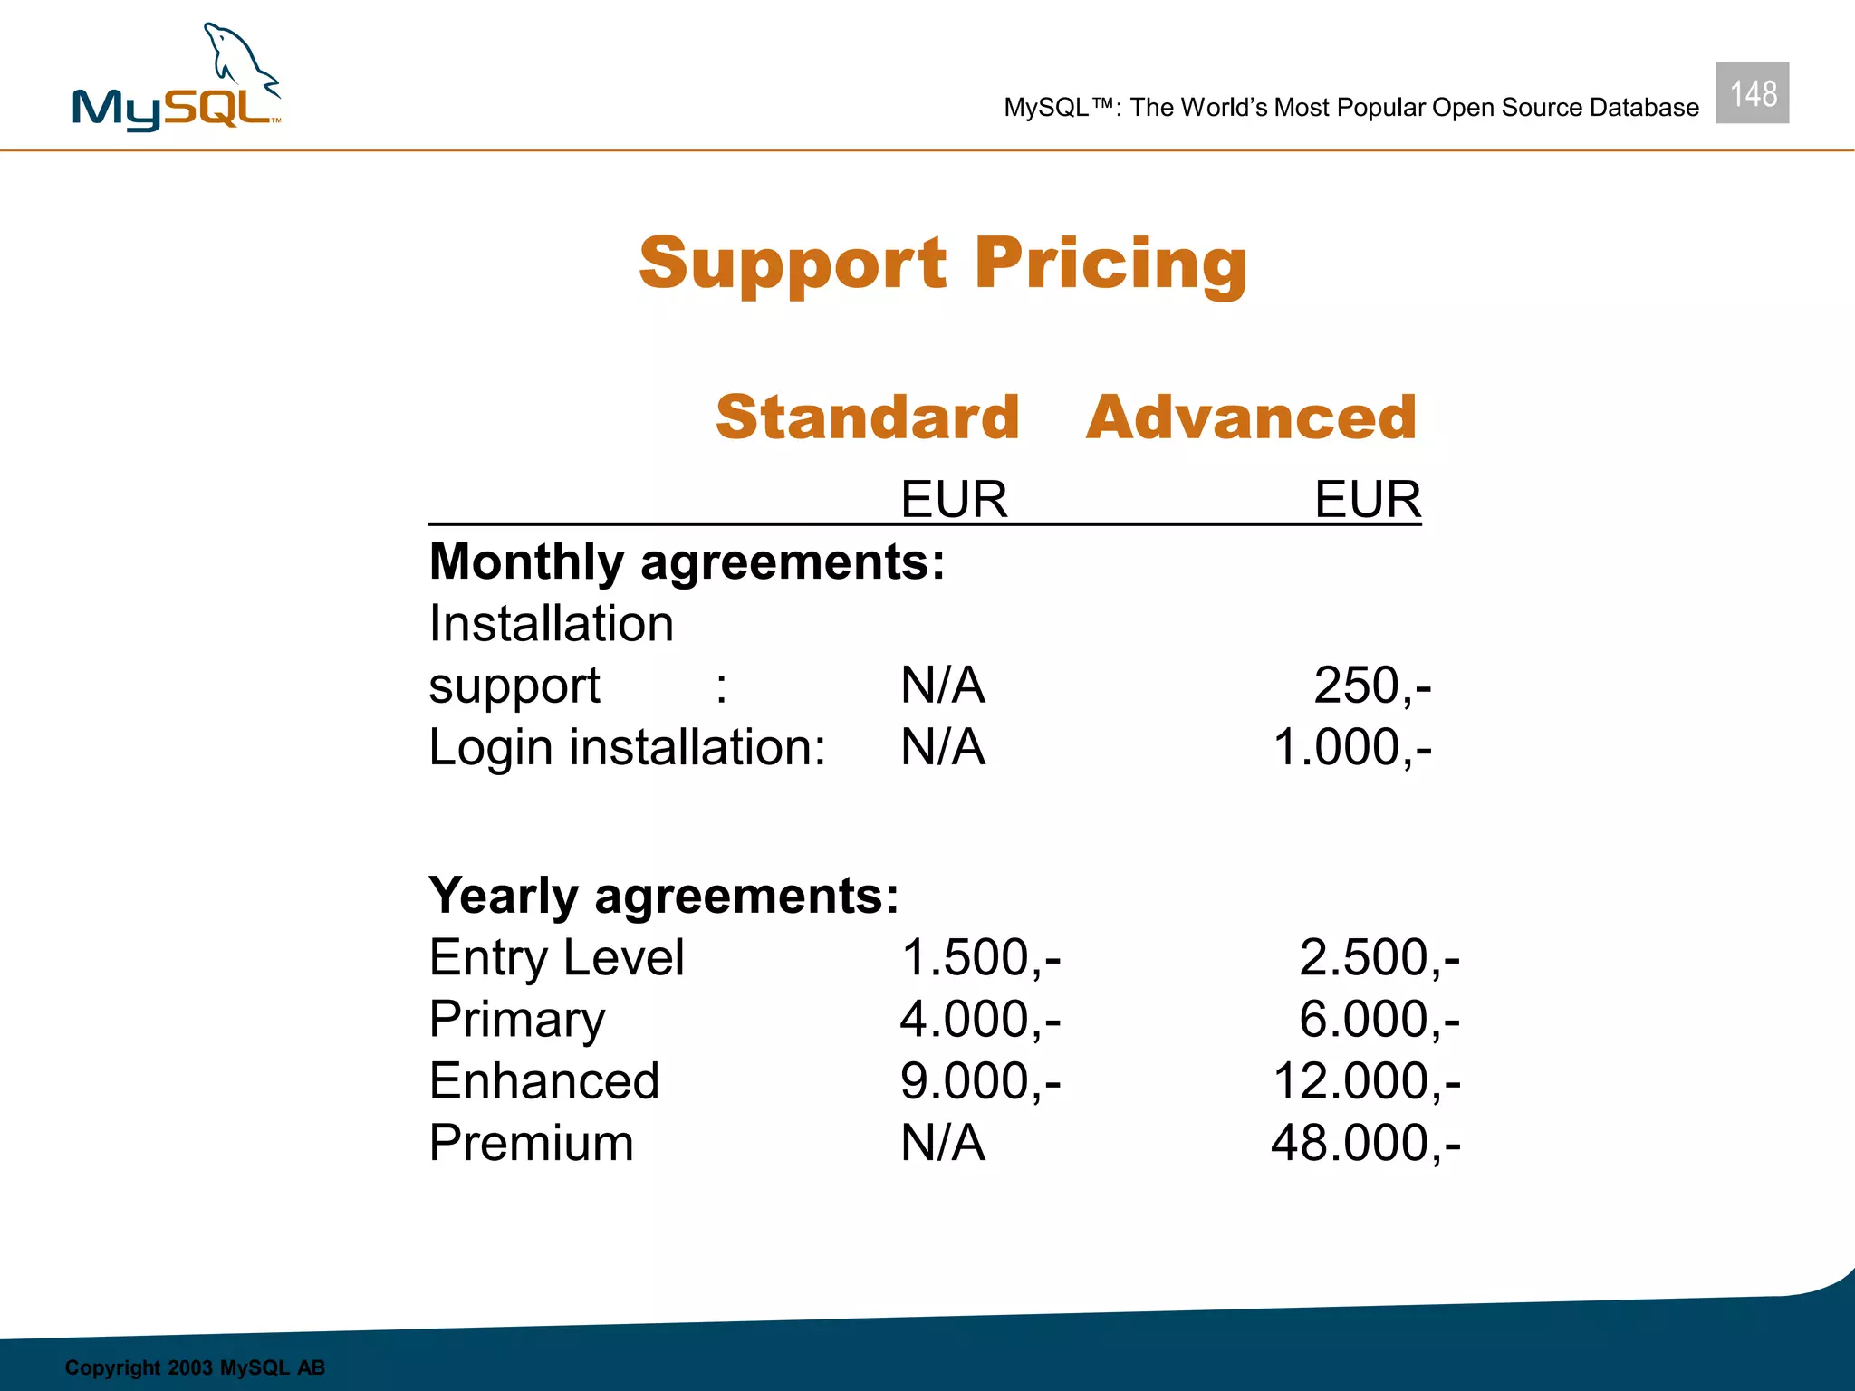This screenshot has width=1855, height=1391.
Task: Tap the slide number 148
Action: (x=1752, y=93)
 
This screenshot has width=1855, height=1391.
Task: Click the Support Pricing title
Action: (x=943, y=264)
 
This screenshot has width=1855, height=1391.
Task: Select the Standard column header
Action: (x=867, y=417)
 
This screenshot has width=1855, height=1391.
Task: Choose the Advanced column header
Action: (x=1251, y=417)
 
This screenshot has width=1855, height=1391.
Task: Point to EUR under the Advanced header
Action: (x=1368, y=499)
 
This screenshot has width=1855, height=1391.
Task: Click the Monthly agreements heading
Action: (x=687, y=561)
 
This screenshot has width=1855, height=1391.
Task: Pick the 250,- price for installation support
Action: (x=1372, y=686)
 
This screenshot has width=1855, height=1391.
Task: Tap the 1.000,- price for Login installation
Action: (x=1352, y=748)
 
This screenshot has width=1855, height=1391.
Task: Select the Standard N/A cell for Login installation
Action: (x=942, y=748)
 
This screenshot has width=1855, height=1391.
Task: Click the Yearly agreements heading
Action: (x=664, y=896)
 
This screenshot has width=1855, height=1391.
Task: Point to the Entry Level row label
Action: (x=556, y=958)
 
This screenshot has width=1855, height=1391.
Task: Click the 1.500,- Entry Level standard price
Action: (x=980, y=958)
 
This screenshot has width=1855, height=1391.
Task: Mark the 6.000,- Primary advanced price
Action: (x=1379, y=1020)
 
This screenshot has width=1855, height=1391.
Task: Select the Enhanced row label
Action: (x=543, y=1081)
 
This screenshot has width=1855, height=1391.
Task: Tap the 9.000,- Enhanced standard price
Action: (x=980, y=1081)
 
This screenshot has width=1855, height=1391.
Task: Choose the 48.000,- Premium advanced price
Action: (x=1365, y=1143)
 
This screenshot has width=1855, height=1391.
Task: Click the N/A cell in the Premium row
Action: (x=942, y=1143)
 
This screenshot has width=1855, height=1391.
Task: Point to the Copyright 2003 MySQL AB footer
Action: (x=195, y=1367)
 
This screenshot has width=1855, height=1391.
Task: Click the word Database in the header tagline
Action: (x=1644, y=108)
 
